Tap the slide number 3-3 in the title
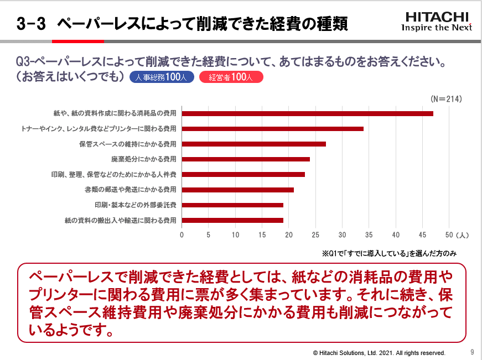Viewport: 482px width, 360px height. pyautogui.click(x=31, y=24)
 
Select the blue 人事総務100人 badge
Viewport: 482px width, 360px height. pyautogui.click(x=162, y=77)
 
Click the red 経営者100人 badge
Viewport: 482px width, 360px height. pyautogui.click(x=231, y=77)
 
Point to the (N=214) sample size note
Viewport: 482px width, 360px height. pyautogui.click(x=446, y=98)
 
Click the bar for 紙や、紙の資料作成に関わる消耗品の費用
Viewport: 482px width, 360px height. pyautogui.click(x=307, y=113)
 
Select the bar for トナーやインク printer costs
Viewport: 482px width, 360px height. pyautogui.click(x=273, y=129)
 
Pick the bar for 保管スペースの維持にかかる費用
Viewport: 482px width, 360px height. pyautogui.click(x=254, y=144)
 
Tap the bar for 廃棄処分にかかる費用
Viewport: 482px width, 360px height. pyautogui.click(x=246, y=159)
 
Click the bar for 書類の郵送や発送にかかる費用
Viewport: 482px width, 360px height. pyautogui.click(x=238, y=190)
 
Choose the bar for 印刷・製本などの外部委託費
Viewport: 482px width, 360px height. pyautogui.click(x=232, y=205)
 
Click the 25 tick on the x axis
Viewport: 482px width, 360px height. pyautogui.click(x=315, y=234)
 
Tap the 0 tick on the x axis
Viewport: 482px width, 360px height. pyautogui.click(x=182, y=234)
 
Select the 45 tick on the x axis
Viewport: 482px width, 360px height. pyautogui.click(x=423, y=234)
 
